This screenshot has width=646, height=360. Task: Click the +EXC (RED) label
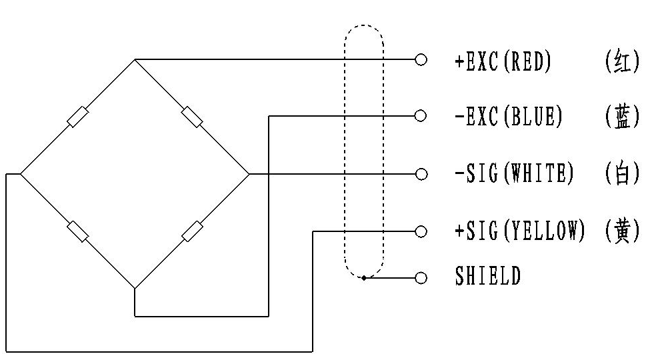503,61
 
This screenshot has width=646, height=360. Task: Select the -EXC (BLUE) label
509,116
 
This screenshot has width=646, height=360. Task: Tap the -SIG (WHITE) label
514,173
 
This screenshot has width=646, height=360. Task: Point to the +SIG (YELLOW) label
520,230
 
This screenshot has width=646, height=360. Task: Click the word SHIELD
488,275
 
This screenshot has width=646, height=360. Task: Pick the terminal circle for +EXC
421,60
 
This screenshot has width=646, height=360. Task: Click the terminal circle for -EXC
420,116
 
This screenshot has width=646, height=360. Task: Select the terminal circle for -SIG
421,174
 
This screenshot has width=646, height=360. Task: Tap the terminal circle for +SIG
421,232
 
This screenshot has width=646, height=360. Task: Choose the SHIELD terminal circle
421,279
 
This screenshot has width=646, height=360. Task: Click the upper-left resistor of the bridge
78,117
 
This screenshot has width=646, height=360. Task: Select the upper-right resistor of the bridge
192,117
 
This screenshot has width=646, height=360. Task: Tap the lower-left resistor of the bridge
78,231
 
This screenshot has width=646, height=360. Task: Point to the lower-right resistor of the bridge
192,231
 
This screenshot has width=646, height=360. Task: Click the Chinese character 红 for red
622,61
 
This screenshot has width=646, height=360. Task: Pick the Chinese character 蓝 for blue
622,116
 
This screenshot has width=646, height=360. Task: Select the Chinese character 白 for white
622,173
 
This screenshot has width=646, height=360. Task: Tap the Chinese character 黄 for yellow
622,231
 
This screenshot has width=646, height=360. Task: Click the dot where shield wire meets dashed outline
364,278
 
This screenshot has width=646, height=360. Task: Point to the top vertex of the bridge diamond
135,60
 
